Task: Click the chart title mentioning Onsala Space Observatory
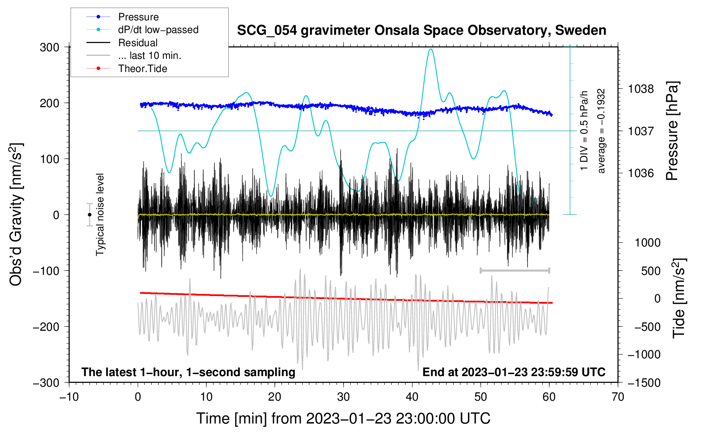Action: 421,30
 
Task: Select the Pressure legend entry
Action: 138,17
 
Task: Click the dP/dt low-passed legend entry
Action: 158,30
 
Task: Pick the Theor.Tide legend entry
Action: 142,69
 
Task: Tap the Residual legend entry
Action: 138,43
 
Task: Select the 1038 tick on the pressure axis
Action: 641,89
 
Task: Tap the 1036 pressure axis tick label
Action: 641,173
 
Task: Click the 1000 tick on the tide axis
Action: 648,243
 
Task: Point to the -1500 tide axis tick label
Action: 644,382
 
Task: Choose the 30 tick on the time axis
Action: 343,397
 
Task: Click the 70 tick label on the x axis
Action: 618,397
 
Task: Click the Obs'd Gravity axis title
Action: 16,214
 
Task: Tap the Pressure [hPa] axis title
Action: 672,131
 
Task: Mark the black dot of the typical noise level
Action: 90,215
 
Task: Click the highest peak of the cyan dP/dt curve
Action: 431,49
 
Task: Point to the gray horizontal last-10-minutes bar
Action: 515,270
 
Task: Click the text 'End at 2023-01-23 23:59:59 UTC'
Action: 514,372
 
